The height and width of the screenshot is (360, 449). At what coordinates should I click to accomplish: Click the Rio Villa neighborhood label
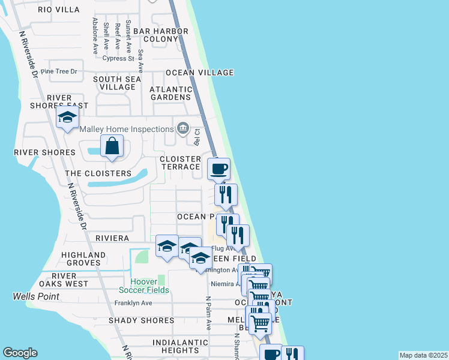click(58, 10)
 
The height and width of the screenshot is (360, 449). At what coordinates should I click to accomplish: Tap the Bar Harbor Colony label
click(161, 35)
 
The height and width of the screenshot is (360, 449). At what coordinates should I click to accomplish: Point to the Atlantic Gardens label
click(170, 93)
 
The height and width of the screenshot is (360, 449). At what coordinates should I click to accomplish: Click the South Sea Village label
click(117, 83)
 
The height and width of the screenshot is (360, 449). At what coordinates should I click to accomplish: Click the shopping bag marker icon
click(112, 146)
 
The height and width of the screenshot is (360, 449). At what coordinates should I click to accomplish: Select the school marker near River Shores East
click(68, 118)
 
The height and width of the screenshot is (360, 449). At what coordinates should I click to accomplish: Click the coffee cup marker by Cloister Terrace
click(218, 169)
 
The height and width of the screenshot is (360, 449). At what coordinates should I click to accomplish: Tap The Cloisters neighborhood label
click(98, 173)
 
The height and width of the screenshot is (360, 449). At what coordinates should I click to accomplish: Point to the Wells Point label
click(36, 296)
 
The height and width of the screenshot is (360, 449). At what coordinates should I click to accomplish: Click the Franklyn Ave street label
click(133, 303)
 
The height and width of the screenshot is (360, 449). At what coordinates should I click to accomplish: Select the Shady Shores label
click(141, 320)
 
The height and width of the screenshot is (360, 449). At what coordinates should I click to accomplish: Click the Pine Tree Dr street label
click(64, 71)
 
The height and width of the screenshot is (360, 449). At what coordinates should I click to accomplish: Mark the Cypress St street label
click(118, 58)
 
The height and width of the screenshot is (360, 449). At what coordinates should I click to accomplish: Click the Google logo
click(20, 353)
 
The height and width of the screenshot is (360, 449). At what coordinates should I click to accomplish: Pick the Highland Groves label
click(83, 259)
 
